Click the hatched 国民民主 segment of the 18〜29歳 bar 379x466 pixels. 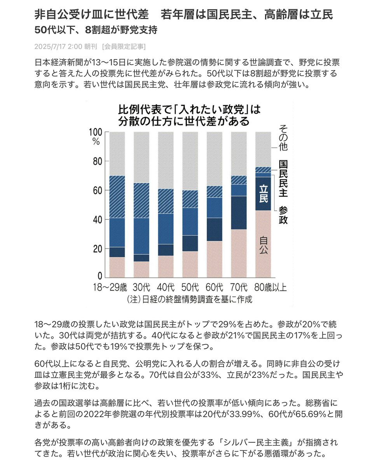[x=117, y=196]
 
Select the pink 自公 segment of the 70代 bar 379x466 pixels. [x=239, y=254]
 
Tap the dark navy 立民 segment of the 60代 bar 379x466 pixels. [x=215, y=230]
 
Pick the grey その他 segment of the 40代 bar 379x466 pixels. [x=166, y=160]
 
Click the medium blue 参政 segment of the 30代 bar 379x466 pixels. [x=141, y=236]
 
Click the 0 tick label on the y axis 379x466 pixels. [x=100, y=276]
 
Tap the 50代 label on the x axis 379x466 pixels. [x=190, y=287]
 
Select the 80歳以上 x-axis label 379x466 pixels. [x=271, y=287]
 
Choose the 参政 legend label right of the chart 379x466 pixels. [x=283, y=215]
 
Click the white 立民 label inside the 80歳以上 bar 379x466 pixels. [x=264, y=194]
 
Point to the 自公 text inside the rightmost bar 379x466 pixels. [x=264, y=245]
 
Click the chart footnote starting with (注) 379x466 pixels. [x=189, y=299]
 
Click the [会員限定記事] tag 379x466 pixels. [x=124, y=47]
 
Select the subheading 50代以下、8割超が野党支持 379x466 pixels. [x=96, y=30]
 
